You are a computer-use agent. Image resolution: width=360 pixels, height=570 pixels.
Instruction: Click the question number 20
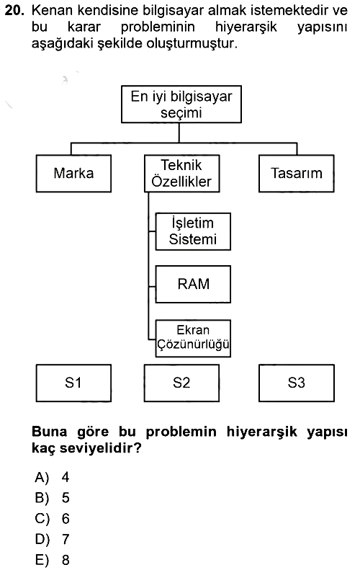coord(14,11)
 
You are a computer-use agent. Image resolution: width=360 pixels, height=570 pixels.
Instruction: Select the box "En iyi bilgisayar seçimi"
coord(181,104)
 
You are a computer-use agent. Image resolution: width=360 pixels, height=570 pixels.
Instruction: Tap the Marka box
coord(73,174)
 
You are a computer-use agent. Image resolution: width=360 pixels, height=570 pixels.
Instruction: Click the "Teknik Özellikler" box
coord(182,174)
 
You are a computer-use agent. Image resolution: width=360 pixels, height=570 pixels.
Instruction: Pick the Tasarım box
coord(297,174)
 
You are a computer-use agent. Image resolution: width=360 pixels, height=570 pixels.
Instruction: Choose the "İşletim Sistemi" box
coord(193,231)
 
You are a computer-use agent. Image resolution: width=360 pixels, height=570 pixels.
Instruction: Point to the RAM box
coord(193,284)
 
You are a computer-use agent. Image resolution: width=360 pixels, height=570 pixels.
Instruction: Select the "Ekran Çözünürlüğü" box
coord(193,338)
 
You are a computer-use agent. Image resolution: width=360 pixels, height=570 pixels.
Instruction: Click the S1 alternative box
coord(73,383)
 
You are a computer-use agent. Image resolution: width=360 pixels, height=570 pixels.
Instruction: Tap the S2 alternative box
coord(181,383)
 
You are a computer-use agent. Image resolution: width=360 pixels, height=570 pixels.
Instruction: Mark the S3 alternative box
coord(297,383)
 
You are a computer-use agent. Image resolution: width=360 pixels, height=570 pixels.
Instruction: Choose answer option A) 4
coord(52,477)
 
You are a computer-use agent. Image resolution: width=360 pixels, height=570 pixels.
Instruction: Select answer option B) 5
coord(52,498)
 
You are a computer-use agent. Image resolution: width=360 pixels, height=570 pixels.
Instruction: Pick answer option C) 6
coord(52,518)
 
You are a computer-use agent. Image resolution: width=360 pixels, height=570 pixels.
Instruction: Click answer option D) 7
coord(52,539)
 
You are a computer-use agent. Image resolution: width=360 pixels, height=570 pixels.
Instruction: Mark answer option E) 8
coord(52,560)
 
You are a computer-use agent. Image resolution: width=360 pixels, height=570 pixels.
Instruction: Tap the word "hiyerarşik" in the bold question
coord(262,432)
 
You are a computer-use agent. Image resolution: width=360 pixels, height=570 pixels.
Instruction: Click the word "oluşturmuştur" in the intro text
coord(192,44)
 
